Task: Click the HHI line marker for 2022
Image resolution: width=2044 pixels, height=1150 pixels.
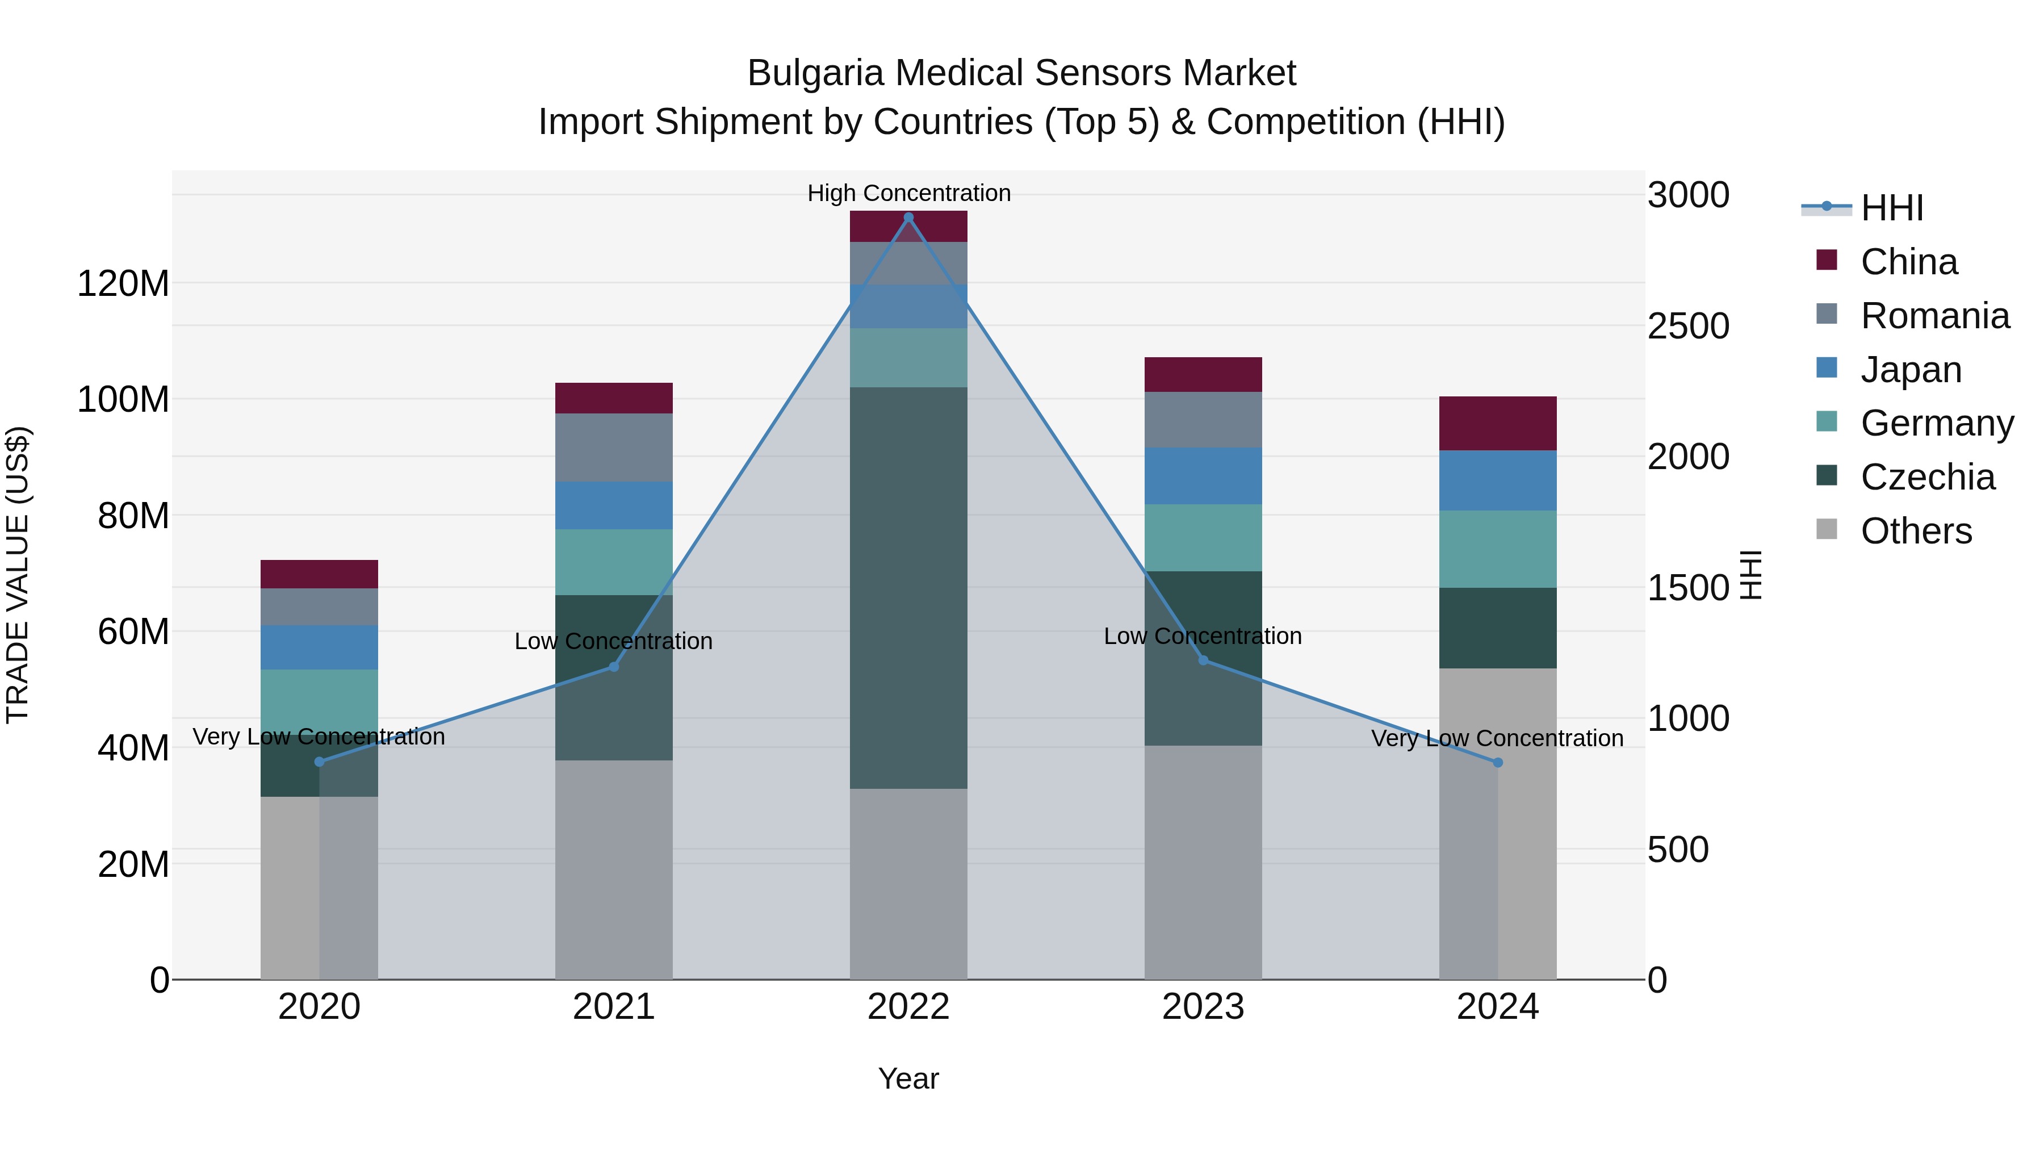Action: [x=908, y=218]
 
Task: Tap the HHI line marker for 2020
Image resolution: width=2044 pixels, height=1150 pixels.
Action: [x=319, y=762]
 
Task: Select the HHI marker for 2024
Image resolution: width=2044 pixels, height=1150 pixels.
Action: [x=1497, y=763]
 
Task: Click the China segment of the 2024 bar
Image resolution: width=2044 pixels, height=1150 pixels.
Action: [x=1497, y=423]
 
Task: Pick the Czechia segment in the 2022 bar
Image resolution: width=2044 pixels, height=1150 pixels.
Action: [x=908, y=587]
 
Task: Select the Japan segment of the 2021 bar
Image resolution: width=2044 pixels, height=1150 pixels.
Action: [x=613, y=505]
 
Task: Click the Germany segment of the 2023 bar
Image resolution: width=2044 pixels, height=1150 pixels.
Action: [x=1203, y=537]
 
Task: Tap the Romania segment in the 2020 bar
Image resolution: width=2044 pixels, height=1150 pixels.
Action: [x=319, y=607]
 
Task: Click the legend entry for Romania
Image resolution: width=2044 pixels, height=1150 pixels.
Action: [x=1934, y=316]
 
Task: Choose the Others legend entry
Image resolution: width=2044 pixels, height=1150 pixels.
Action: [x=1916, y=531]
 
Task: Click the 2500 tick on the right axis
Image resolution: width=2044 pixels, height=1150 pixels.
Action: [x=1688, y=326]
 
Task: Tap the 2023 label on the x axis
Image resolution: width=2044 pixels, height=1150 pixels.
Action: [x=1203, y=1007]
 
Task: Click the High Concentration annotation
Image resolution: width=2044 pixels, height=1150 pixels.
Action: [x=908, y=193]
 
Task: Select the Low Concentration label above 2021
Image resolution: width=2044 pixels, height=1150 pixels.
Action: [x=613, y=641]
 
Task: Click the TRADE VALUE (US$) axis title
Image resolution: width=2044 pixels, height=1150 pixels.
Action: [x=18, y=575]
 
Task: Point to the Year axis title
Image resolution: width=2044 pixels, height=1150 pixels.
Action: [x=908, y=1078]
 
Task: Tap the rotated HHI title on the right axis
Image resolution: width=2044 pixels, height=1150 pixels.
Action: [x=1750, y=575]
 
